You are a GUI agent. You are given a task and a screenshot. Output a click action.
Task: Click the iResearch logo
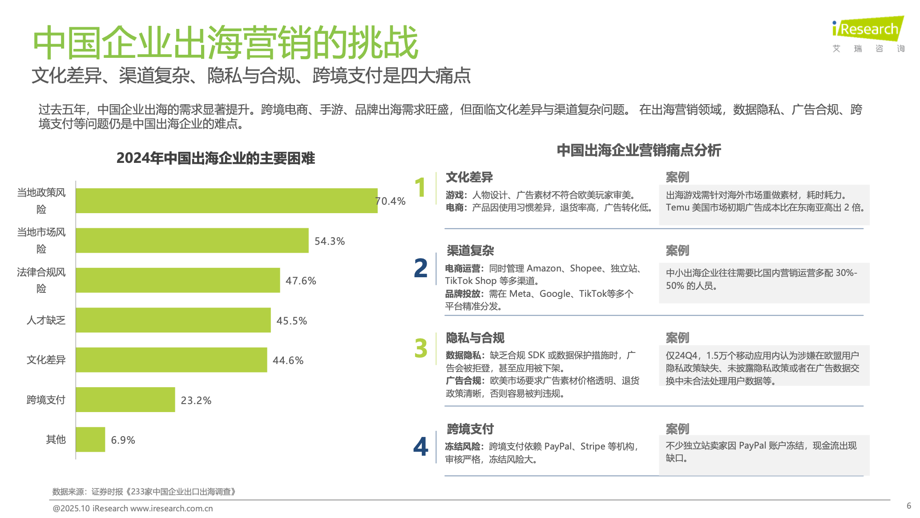(x=867, y=29)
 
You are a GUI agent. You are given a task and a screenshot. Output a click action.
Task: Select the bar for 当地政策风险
(x=226, y=201)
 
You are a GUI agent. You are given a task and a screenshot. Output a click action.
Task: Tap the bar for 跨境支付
(x=125, y=400)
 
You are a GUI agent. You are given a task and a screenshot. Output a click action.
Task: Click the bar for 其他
(x=90, y=439)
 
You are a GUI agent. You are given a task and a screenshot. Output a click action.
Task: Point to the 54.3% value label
(x=329, y=241)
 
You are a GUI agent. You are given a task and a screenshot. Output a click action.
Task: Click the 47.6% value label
(x=301, y=281)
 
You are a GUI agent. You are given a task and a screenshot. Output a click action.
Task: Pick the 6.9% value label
(x=123, y=440)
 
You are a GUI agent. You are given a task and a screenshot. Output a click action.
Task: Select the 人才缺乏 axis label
(x=46, y=320)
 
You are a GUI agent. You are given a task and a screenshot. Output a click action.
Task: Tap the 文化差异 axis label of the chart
(x=46, y=360)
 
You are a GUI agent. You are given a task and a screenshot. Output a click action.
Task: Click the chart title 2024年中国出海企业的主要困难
(x=215, y=158)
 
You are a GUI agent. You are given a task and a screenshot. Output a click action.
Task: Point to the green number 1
(x=420, y=187)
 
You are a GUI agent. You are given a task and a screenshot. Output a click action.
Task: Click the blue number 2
(x=420, y=268)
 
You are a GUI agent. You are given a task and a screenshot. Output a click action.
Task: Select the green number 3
(x=420, y=348)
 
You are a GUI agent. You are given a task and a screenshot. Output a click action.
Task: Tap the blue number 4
(x=420, y=447)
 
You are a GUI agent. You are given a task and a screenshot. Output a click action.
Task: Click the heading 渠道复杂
(x=470, y=251)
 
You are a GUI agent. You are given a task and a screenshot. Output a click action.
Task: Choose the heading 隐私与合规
(x=475, y=338)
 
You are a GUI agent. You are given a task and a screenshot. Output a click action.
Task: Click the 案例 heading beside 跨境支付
(x=677, y=429)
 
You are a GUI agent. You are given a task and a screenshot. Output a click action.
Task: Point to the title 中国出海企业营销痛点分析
(x=638, y=150)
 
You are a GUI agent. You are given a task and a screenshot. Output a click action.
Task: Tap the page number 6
(x=908, y=506)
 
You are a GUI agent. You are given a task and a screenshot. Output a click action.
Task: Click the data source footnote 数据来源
(x=144, y=492)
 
